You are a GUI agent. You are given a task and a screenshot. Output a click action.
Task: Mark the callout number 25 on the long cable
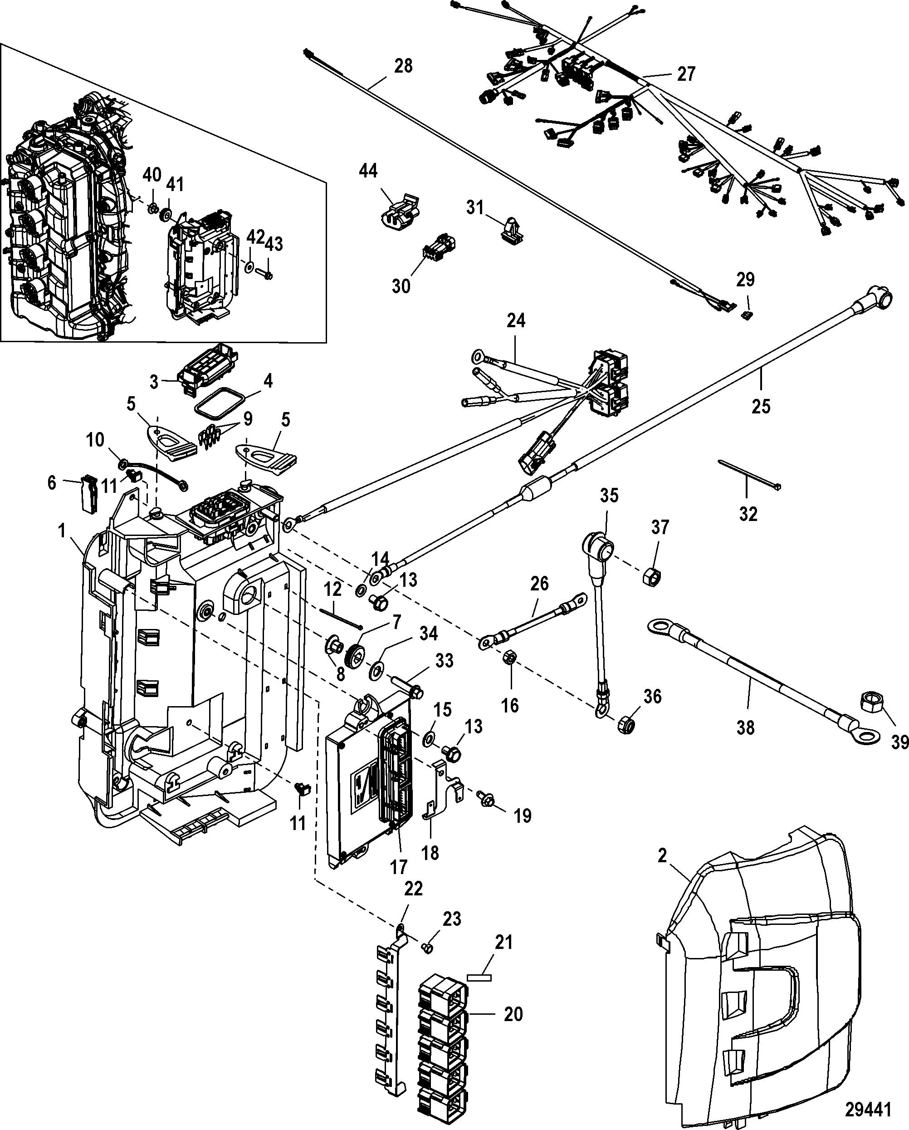coord(761,406)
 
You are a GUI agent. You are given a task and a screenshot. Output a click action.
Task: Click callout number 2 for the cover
coord(662,856)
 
